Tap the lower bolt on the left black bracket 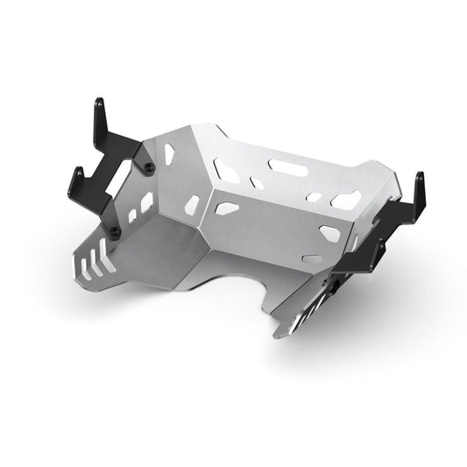coord(116,231)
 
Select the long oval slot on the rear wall coord(286,164)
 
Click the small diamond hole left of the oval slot coord(256,182)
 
